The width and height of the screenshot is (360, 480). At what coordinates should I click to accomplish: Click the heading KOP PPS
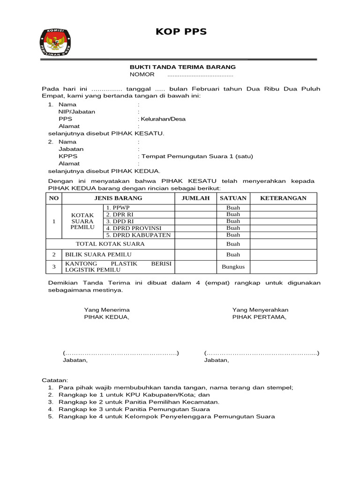tap(181, 32)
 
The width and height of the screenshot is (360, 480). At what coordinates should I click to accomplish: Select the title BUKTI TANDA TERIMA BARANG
tap(182, 67)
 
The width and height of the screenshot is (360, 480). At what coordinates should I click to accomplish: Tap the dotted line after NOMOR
tap(200, 75)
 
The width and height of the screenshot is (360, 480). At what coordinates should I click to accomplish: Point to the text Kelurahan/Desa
tap(162, 119)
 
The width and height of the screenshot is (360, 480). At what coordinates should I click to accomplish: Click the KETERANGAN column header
tap(283, 198)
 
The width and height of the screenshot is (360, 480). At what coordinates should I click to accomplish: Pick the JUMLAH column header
tap(195, 198)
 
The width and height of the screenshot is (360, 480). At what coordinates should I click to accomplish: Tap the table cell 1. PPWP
tap(138, 208)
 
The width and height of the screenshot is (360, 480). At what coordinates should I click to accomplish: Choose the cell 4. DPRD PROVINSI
tap(138, 228)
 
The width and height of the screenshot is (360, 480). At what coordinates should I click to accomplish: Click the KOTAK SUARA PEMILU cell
tap(82, 221)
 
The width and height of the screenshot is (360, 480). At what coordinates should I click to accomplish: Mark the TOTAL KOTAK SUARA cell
tap(110, 244)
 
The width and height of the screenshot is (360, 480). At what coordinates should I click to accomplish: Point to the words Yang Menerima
tap(107, 310)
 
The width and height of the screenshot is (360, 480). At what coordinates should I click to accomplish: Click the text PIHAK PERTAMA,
tap(260, 317)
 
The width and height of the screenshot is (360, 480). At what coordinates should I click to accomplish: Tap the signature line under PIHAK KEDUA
tap(121, 353)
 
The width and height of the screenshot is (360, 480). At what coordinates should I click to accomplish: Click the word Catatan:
tap(55, 380)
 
